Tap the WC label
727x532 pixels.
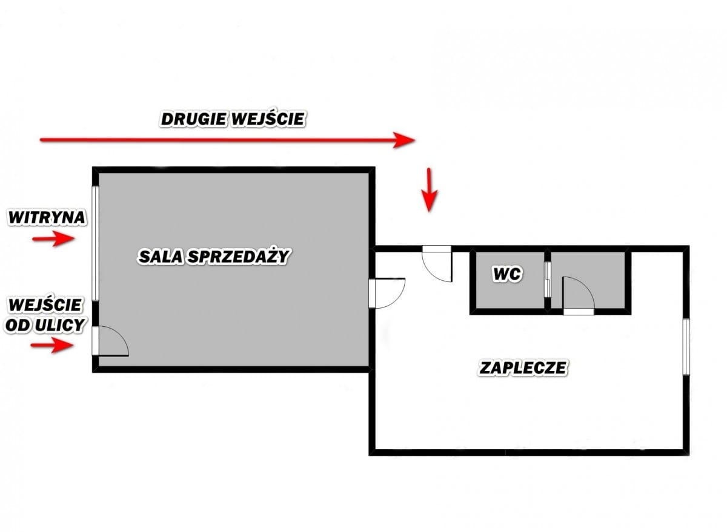[x=507, y=275]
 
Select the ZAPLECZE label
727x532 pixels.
[x=523, y=367]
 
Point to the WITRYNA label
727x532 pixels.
[x=47, y=217]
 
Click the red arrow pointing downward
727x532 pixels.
[x=429, y=189]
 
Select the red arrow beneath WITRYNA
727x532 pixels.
[x=53, y=239]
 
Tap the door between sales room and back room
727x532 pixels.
[x=387, y=293]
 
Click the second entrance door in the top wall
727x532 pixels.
[x=437, y=263]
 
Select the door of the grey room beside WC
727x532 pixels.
[x=577, y=295]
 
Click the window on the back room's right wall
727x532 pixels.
[x=686, y=346]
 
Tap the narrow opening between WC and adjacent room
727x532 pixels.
[x=548, y=279]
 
